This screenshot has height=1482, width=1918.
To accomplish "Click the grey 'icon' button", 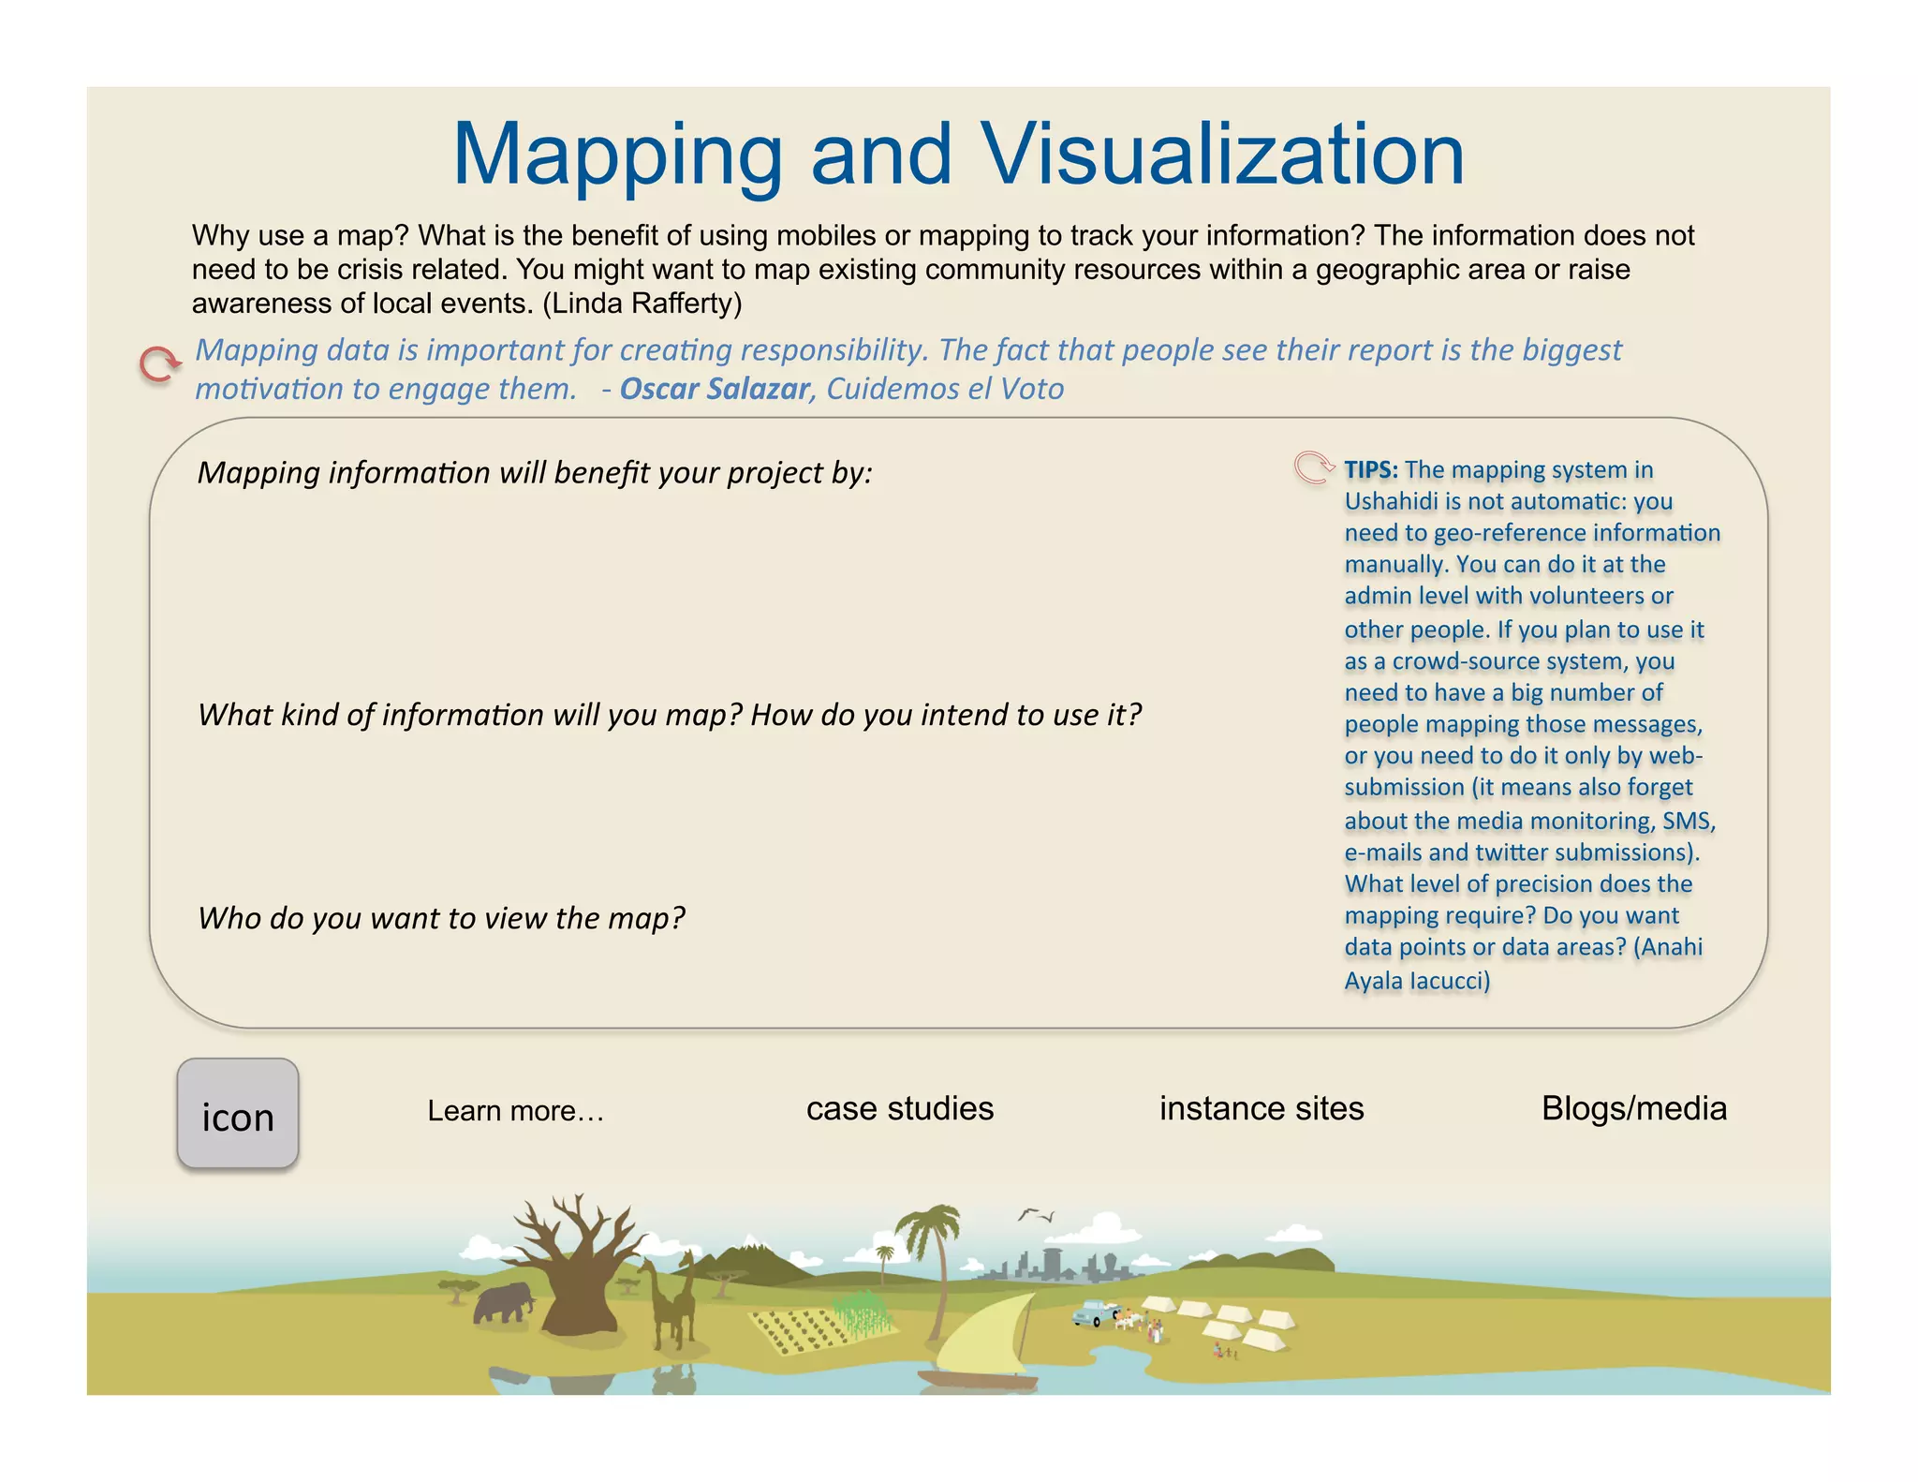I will [238, 1114].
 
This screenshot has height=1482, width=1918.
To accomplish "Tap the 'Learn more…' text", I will [516, 1111].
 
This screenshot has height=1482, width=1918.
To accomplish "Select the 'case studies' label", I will [899, 1109].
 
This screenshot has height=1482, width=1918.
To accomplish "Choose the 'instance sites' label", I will [1261, 1109].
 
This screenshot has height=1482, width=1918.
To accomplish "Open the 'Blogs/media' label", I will [1633, 1109].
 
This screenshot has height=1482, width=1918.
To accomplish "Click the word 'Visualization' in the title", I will [1222, 156].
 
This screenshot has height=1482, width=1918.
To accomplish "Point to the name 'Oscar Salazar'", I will [715, 389].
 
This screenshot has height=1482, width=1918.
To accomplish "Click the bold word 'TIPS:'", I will [1371, 469].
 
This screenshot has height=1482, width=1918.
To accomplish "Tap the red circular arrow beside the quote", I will [159, 364].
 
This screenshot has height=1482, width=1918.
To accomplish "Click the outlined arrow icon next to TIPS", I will [1313, 467].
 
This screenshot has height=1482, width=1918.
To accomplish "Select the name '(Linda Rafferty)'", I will [642, 304].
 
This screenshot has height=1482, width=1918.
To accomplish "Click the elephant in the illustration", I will [503, 1303].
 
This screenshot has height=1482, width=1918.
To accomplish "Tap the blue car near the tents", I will [1093, 1313].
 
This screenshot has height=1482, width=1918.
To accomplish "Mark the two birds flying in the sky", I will [1036, 1215].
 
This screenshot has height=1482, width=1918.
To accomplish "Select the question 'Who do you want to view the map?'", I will [441, 918].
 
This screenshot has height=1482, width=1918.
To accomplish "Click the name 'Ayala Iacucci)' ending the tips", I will [1416, 981].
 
